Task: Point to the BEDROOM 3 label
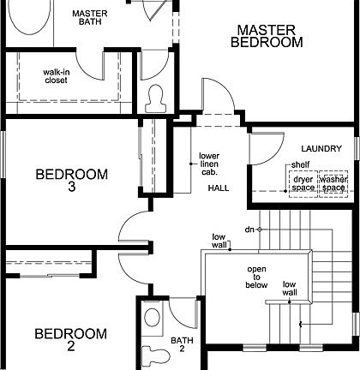pos(71,181)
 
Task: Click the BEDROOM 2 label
pos(71,340)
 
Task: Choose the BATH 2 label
pos(182,345)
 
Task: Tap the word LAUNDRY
pos(321,148)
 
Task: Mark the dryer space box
pos(303,182)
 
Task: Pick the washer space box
pos(333,182)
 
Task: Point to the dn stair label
pos(249,230)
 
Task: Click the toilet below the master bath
pos(157,98)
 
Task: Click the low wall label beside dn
pos(220,240)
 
